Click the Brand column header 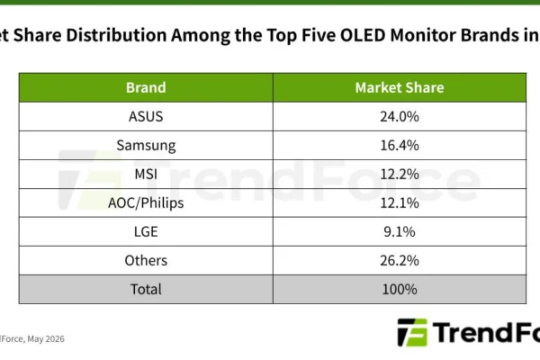(146, 87)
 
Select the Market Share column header (400, 87)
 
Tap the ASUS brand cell (146, 116)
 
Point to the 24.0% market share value (400, 116)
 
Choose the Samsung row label (146, 146)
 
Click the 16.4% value (400, 145)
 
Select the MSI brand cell (146, 174)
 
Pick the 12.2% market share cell (400, 174)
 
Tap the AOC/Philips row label (146, 202)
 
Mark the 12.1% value (400, 202)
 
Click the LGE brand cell (146, 231)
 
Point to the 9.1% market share (400, 231)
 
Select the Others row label (146, 260)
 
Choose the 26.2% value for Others (400, 260)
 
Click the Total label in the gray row (146, 289)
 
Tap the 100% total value (400, 289)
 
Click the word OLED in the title (363, 35)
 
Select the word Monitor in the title (423, 35)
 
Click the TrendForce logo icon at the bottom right (412, 332)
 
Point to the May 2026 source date (46, 339)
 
